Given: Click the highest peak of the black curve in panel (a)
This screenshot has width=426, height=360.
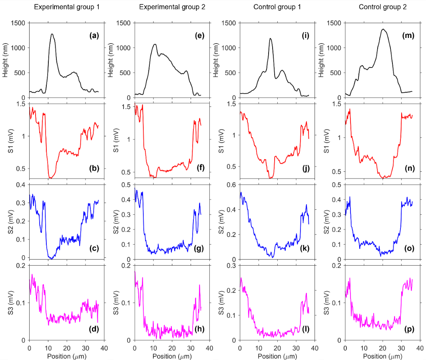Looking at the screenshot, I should point(52,34).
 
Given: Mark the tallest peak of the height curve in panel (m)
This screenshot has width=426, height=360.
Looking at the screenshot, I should point(383,29).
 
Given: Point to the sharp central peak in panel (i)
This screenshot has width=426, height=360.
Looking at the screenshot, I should point(271,38).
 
